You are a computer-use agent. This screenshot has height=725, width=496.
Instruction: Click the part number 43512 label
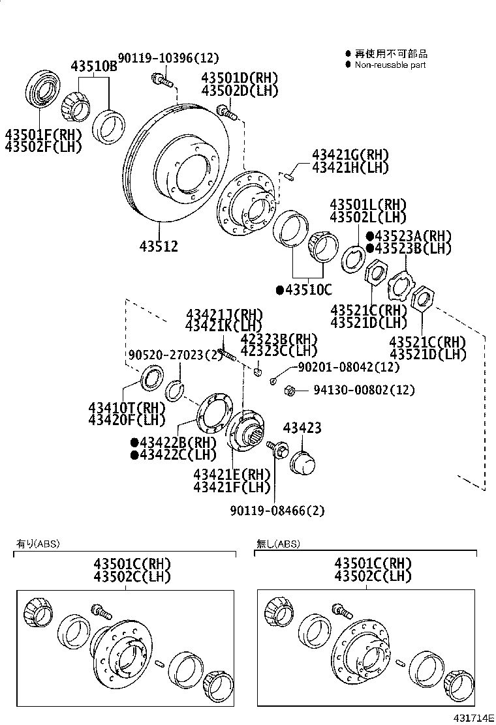(x=159, y=246)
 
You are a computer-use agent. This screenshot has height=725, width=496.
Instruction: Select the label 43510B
(x=93, y=67)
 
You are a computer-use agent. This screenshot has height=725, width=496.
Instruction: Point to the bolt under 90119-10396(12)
(x=161, y=81)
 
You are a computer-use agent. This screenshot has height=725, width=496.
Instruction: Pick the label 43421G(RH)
(x=350, y=155)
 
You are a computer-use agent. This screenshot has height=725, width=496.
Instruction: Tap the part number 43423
(x=302, y=428)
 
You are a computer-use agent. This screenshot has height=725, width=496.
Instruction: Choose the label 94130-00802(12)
(x=364, y=391)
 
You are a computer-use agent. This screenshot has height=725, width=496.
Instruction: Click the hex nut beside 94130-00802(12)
(x=290, y=391)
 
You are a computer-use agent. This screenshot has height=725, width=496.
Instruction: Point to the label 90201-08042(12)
(x=349, y=368)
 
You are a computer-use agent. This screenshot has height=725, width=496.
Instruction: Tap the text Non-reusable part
(x=390, y=65)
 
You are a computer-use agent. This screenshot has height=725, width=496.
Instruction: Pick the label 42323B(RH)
(x=279, y=339)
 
